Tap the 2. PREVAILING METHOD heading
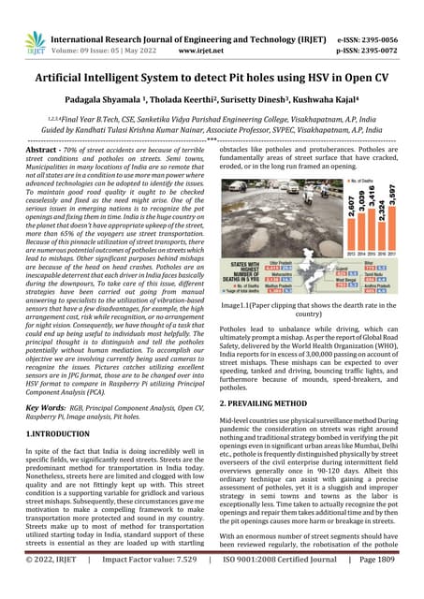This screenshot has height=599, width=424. pyautogui.click(x=273, y=402)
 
